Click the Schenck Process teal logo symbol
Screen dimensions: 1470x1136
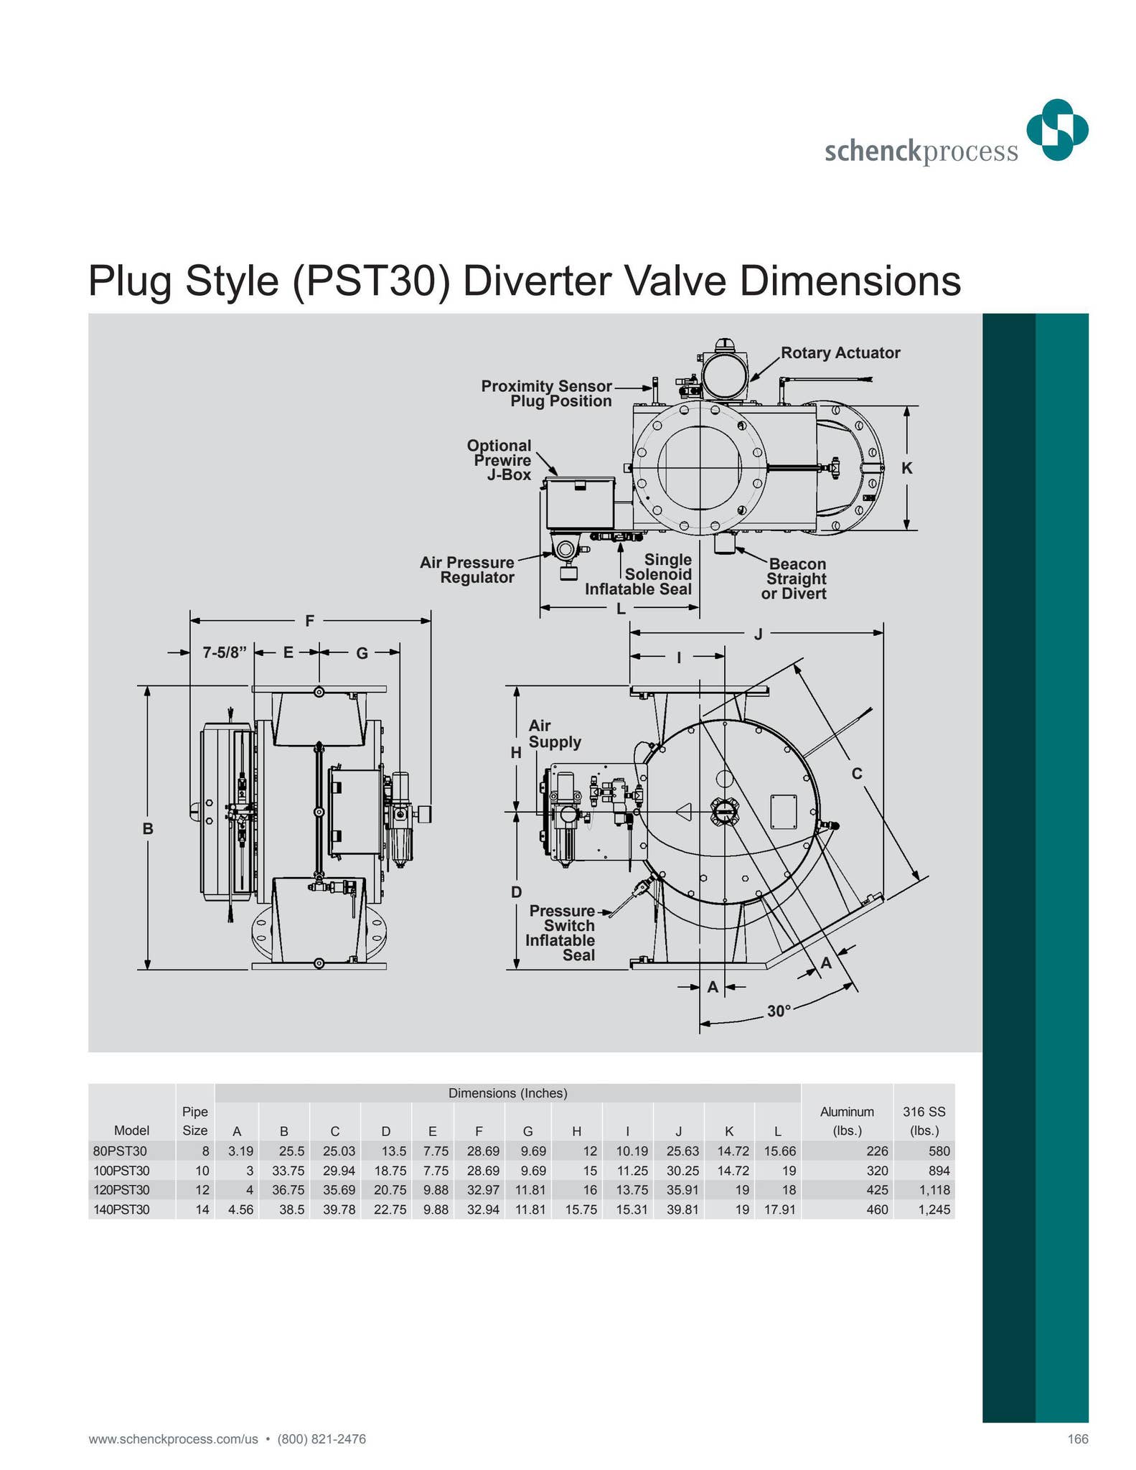(1057, 130)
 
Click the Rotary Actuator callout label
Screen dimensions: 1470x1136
(840, 352)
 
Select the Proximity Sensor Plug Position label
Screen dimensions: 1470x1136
(546, 393)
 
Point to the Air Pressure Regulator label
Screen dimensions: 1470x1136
(467, 570)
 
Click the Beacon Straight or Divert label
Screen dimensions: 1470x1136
(795, 579)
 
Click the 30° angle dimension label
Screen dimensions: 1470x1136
(779, 1011)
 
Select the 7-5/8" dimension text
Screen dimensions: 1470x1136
(224, 652)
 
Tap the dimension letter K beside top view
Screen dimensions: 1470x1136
(906, 468)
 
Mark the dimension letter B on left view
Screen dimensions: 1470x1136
(147, 828)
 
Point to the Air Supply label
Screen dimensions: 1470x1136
(555, 734)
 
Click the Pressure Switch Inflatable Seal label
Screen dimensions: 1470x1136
(561, 932)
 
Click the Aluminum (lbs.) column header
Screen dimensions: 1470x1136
(847, 1120)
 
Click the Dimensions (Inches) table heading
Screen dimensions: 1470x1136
(507, 1093)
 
